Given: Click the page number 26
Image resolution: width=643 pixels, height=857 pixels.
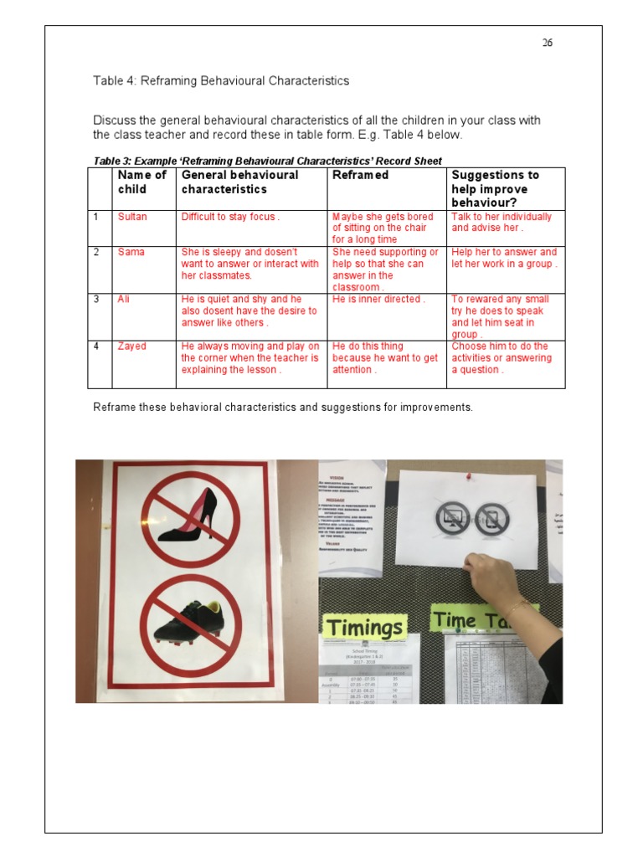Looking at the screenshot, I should click(x=547, y=44).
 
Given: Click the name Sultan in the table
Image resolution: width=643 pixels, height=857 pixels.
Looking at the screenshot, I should click(x=132, y=217).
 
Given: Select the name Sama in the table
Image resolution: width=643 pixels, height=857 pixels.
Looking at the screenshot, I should click(x=131, y=252).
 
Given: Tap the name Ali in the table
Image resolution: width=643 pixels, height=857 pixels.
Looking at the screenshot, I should click(x=124, y=299).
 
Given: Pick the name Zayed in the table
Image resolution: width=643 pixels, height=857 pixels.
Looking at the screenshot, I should click(x=131, y=346).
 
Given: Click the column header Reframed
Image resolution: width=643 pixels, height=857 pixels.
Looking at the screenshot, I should click(x=360, y=175).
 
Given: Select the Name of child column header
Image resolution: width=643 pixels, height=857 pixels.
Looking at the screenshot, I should click(x=142, y=182).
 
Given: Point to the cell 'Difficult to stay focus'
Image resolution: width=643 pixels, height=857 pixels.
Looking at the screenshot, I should click(x=230, y=217).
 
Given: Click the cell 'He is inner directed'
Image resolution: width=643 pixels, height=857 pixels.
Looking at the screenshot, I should click(x=378, y=299).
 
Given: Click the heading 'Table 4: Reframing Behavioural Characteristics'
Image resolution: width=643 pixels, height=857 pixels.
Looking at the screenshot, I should click(x=220, y=81).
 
